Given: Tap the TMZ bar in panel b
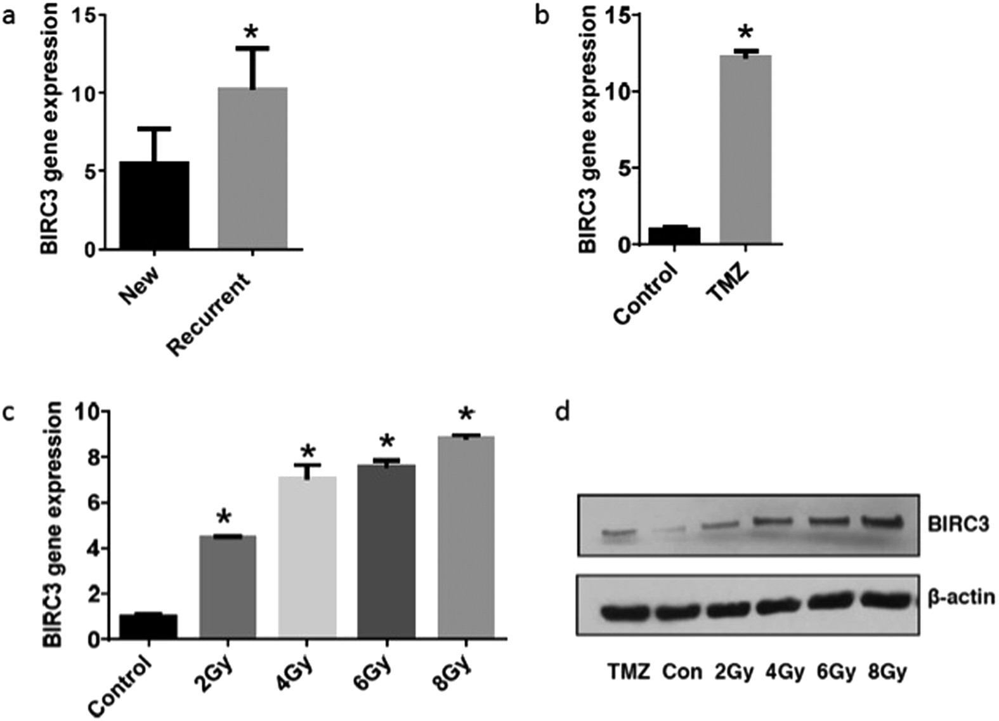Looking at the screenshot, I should coord(745,150).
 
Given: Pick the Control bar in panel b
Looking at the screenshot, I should coord(674,235).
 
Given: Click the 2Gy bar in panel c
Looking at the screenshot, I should coord(228,587).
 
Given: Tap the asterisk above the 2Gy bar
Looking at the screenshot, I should coord(228,517).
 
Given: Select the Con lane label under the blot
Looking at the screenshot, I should coord(681,671).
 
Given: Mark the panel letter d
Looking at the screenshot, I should coord(562,412).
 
